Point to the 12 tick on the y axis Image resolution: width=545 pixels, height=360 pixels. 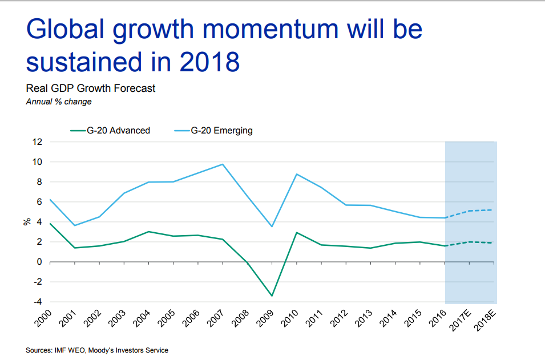(x=37, y=142)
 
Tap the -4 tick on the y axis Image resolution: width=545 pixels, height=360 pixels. (x=37, y=302)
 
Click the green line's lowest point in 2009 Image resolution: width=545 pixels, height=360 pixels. (x=272, y=296)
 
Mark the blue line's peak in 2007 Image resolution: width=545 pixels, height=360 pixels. (x=223, y=164)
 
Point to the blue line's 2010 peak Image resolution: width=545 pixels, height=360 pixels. (x=296, y=174)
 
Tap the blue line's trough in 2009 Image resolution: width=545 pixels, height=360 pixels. (x=272, y=226)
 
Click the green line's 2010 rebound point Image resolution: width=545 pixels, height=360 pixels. (x=296, y=232)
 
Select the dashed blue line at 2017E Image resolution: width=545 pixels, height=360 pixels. (x=469, y=211)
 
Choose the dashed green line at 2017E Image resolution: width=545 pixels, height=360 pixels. (x=469, y=242)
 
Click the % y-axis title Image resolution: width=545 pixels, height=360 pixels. (x=26, y=222)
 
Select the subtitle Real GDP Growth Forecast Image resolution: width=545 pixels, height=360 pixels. (x=91, y=88)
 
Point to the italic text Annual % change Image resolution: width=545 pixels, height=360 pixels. (x=59, y=102)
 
